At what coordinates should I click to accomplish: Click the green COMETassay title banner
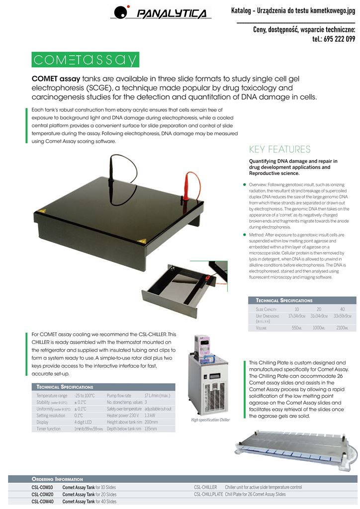tap(85, 60)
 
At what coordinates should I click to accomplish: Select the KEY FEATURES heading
tap(279, 150)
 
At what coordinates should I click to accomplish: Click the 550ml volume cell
tap(297, 329)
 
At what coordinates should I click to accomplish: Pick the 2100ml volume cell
tap(342, 329)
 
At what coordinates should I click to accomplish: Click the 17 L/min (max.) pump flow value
tap(157, 396)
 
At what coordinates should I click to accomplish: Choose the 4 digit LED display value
tap(83, 422)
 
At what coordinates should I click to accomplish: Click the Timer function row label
tap(48, 428)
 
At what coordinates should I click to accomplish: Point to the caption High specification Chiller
tap(210, 420)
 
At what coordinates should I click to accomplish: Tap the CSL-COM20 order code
tap(42, 495)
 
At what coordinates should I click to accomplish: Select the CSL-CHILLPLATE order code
tap(207, 495)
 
